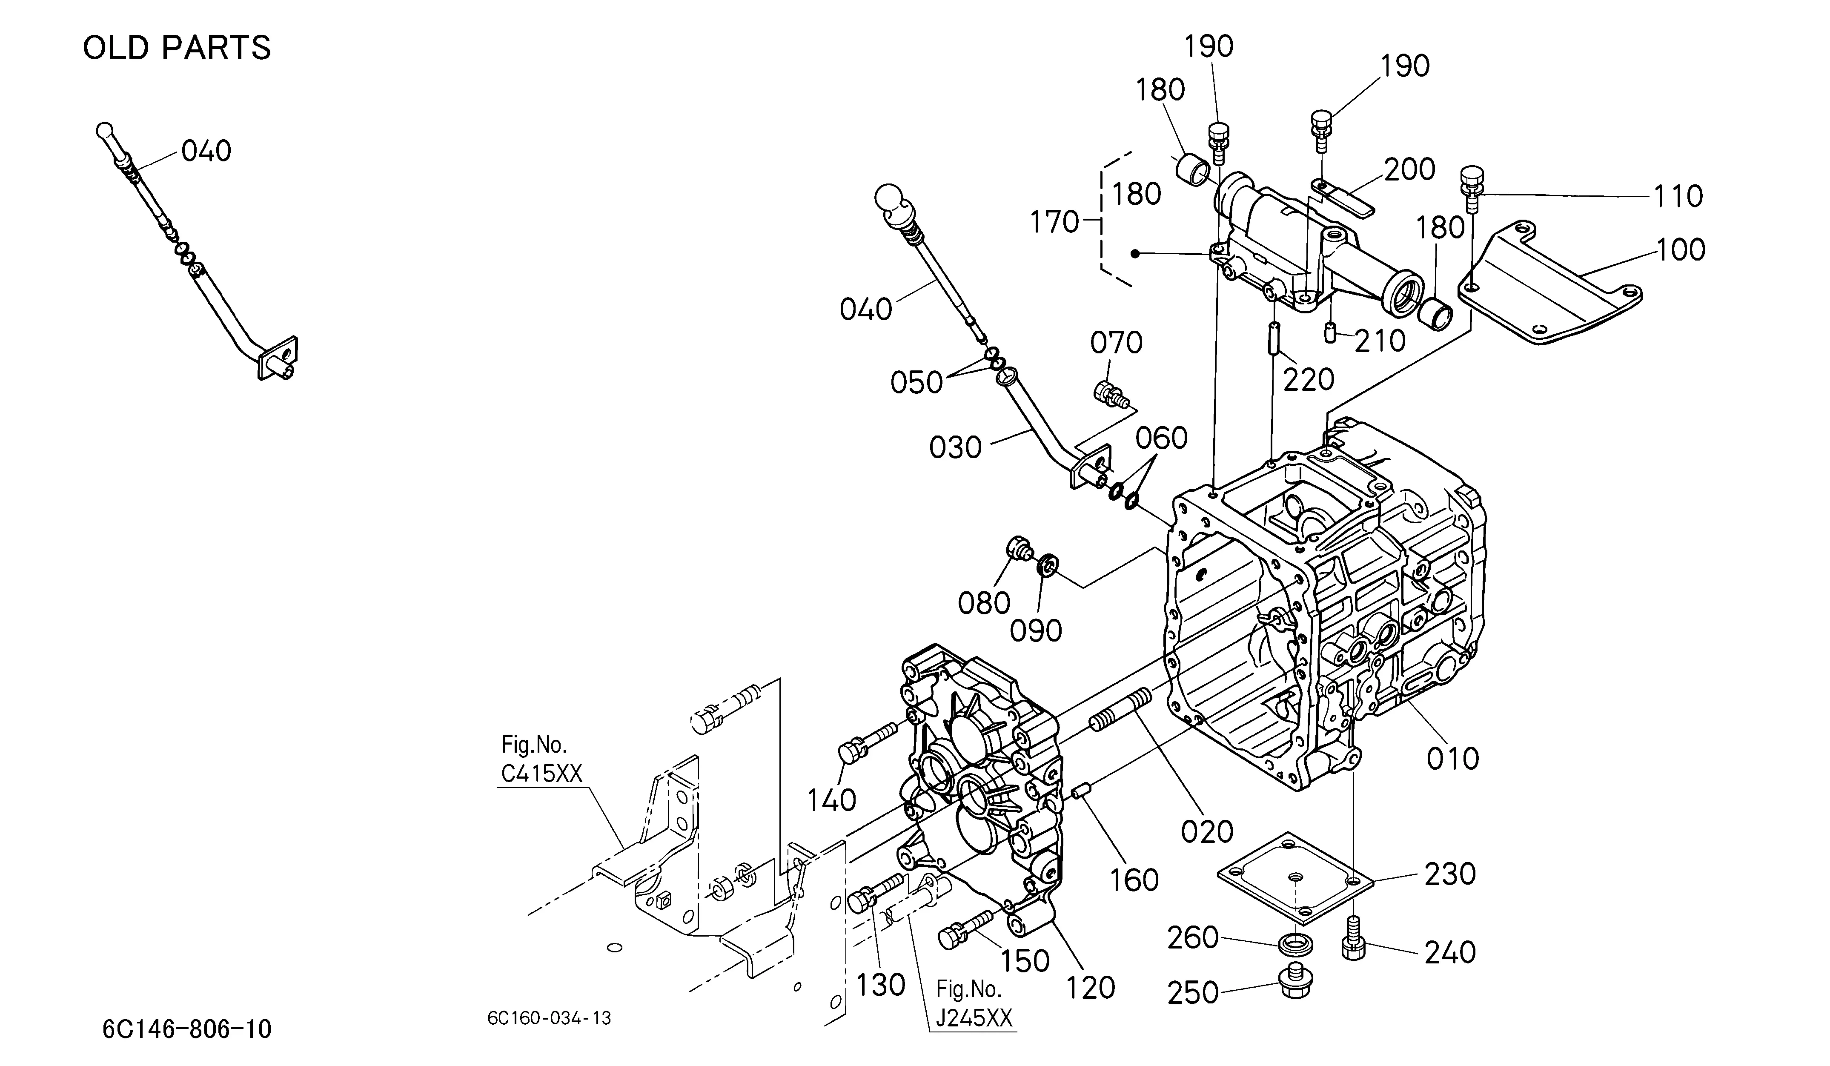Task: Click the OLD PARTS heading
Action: pyautogui.click(x=177, y=48)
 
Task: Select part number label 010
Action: pyautogui.click(x=1452, y=759)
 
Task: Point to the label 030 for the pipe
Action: pyautogui.click(x=956, y=447)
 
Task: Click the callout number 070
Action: pyautogui.click(x=1116, y=343)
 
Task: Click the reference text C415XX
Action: pyautogui.click(x=542, y=774)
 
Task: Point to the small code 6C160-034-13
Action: pyautogui.click(x=549, y=1018)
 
